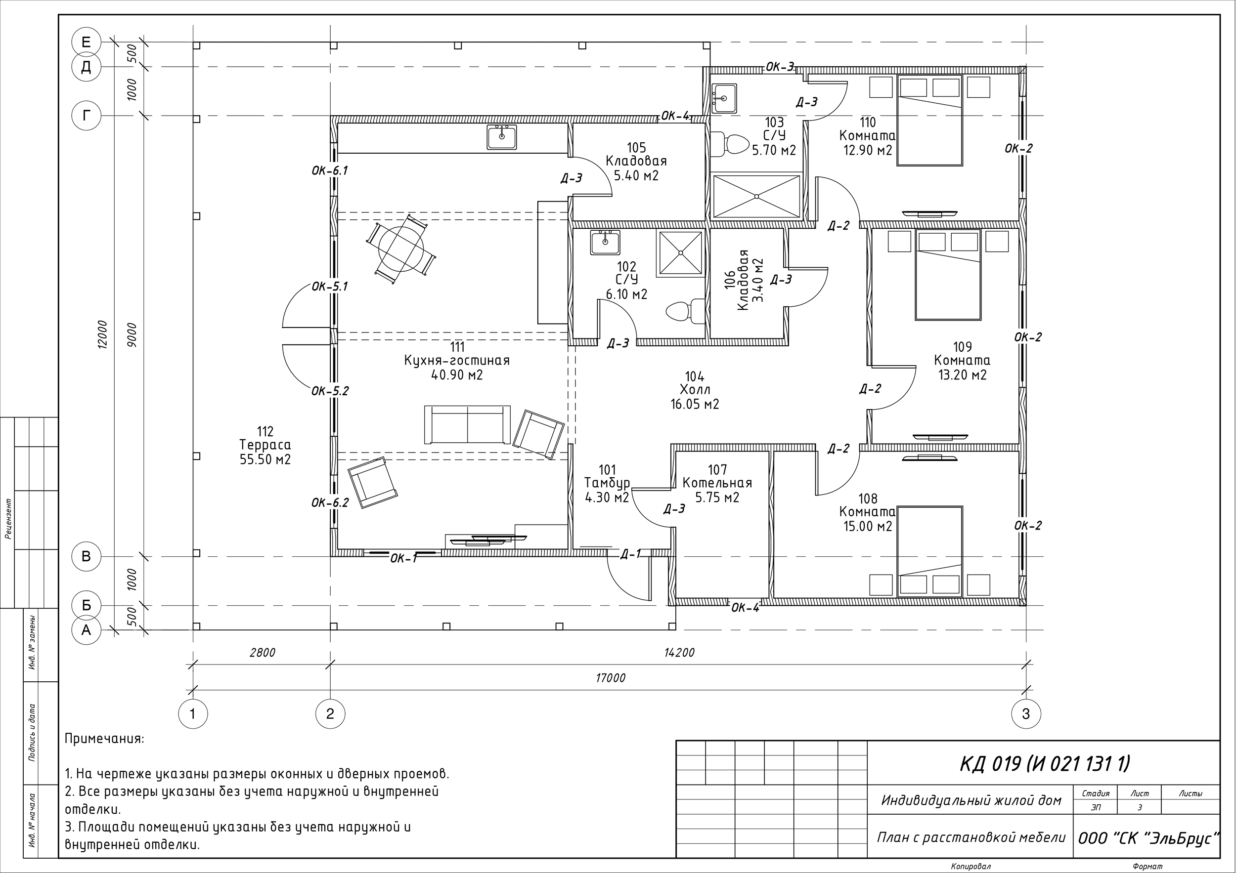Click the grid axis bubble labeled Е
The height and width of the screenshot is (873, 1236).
[x=86, y=42]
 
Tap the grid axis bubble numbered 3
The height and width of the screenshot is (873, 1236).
[x=1025, y=714]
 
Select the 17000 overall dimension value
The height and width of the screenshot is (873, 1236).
[x=611, y=678]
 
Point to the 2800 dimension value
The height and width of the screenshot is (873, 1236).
[x=262, y=653]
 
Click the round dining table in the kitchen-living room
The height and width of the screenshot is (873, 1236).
[x=401, y=248]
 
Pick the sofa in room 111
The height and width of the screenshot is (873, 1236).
[x=467, y=424]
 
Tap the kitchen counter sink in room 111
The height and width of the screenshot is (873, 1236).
[x=502, y=137]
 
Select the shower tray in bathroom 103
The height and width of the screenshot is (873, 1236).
[x=756, y=196]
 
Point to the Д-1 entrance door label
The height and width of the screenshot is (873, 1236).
[x=630, y=554]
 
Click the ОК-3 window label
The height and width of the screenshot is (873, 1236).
[x=780, y=67]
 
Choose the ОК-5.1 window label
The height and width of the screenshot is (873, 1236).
[x=330, y=287]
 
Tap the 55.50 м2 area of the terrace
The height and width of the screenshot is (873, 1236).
[x=265, y=460]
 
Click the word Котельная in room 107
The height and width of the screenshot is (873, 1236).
[x=717, y=483]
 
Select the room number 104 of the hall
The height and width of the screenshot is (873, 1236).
[x=695, y=376]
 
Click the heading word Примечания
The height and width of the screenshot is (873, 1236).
[x=104, y=739]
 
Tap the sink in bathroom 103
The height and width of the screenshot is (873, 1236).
[x=724, y=98]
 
